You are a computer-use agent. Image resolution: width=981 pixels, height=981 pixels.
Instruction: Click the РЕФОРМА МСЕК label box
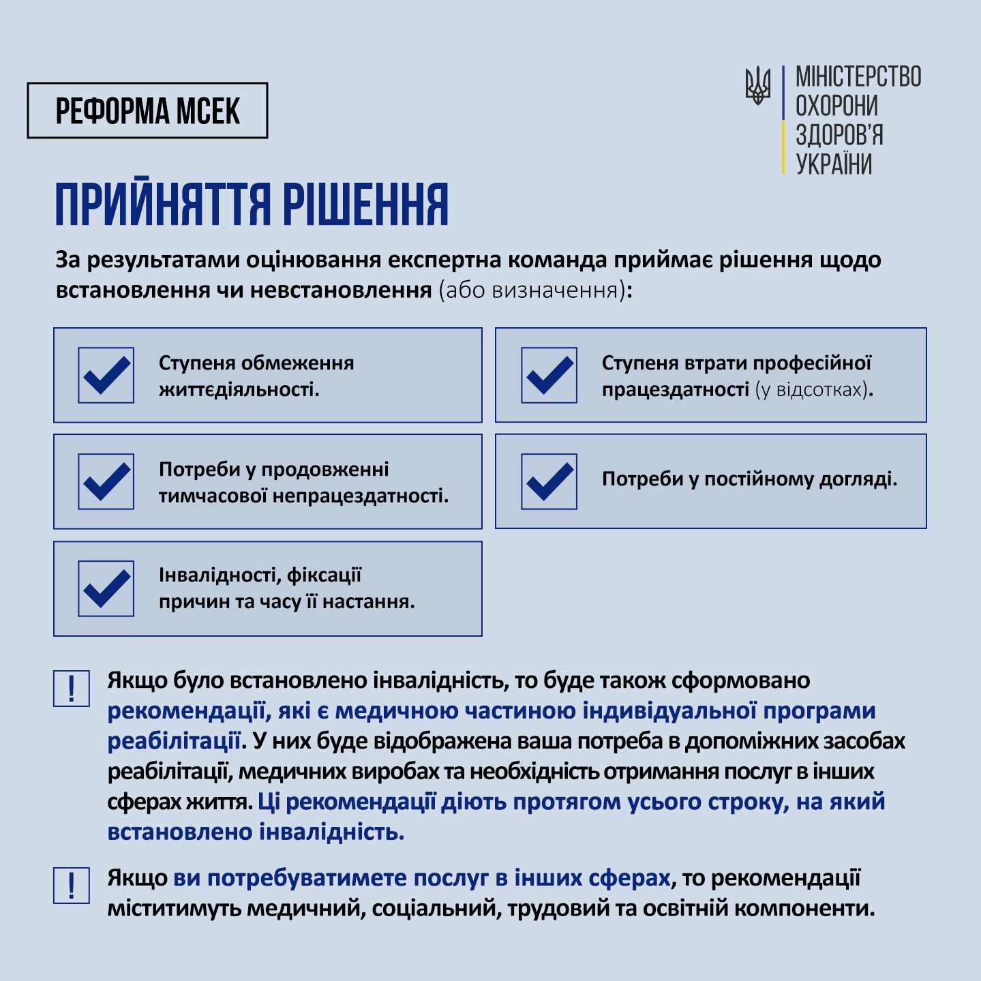pyautogui.click(x=147, y=111)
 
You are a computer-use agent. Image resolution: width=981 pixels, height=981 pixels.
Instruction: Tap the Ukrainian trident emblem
pyautogui.click(x=757, y=86)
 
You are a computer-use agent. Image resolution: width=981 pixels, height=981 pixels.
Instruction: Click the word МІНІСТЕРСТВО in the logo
pyautogui.click(x=858, y=77)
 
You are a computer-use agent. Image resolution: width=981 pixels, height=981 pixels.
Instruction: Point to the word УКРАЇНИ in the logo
pyautogui.click(x=834, y=164)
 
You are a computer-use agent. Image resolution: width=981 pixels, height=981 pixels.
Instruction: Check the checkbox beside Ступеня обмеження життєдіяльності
pyautogui.click(x=106, y=375)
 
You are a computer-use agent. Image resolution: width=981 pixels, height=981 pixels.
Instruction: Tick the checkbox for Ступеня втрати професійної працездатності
pyautogui.click(x=549, y=375)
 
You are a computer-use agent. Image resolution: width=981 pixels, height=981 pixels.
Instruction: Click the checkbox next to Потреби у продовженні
pyautogui.click(x=106, y=481)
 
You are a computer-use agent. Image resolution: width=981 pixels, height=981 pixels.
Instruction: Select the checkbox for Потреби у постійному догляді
pyautogui.click(x=549, y=481)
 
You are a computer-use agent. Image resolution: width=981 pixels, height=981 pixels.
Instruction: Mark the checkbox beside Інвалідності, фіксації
pyautogui.click(x=106, y=588)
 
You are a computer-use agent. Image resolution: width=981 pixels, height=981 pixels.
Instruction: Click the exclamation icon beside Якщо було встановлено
pyautogui.click(x=72, y=689)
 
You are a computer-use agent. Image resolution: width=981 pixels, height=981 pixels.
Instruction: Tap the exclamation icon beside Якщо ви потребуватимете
pyautogui.click(x=72, y=886)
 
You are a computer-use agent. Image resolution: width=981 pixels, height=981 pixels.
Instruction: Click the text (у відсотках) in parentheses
pyautogui.click(x=811, y=390)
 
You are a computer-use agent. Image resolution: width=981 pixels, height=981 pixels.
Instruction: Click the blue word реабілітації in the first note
pyautogui.click(x=174, y=741)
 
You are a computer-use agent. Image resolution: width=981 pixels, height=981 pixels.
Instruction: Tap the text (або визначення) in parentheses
pyautogui.click(x=532, y=290)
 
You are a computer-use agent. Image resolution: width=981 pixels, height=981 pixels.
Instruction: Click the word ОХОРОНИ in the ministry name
pyautogui.click(x=836, y=106)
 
